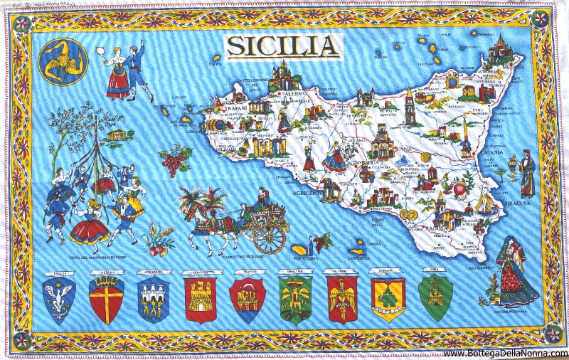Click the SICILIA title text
[x=283, y=46]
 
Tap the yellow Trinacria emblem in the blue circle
[x=63, y=60]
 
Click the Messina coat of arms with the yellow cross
[x=106, y=298]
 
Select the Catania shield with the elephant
[x=388, y=297]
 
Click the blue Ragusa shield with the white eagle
[x=59, y=297]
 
